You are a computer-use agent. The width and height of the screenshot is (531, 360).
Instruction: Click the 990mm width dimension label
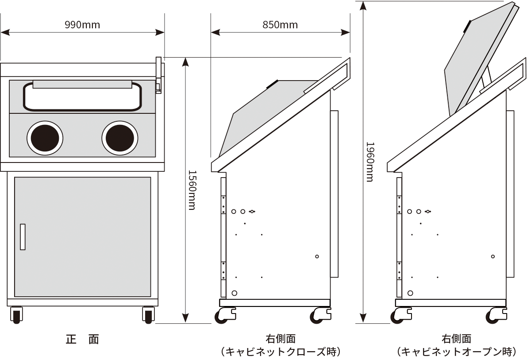coord(82,25)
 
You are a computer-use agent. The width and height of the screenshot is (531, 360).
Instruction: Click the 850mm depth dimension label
coord(280,25)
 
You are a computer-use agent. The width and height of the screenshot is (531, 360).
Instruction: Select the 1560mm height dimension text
coord(192,190)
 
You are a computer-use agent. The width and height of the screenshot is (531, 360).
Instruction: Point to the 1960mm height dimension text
coord(370,162)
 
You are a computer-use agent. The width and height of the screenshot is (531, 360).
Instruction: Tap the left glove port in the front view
coord(45,138)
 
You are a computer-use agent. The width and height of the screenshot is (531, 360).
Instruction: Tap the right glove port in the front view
coord(120,138)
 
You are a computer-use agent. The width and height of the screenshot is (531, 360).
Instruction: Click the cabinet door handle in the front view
coord(23,237)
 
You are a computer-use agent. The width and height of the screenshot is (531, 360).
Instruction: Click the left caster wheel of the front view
coord(17,315)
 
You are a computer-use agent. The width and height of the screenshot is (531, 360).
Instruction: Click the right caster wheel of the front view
coord(148,315)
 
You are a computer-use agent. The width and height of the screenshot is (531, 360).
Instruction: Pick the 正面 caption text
coord(82,339)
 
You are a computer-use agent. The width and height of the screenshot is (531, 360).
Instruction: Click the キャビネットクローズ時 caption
coord(281,352)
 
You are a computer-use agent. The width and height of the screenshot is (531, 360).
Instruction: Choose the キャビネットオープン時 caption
coord(456,352)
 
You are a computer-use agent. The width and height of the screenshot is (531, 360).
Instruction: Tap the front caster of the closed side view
coord(225,315)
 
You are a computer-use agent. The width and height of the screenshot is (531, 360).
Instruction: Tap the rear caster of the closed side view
coord(320,315)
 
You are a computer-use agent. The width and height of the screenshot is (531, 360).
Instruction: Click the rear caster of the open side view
coord(496,315)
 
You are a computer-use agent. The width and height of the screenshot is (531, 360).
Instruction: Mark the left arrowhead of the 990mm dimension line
coord(5,32)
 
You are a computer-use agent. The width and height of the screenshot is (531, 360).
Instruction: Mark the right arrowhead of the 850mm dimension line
coord(346,32)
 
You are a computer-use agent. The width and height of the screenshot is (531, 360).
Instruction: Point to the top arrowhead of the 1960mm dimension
coord(363,6)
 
